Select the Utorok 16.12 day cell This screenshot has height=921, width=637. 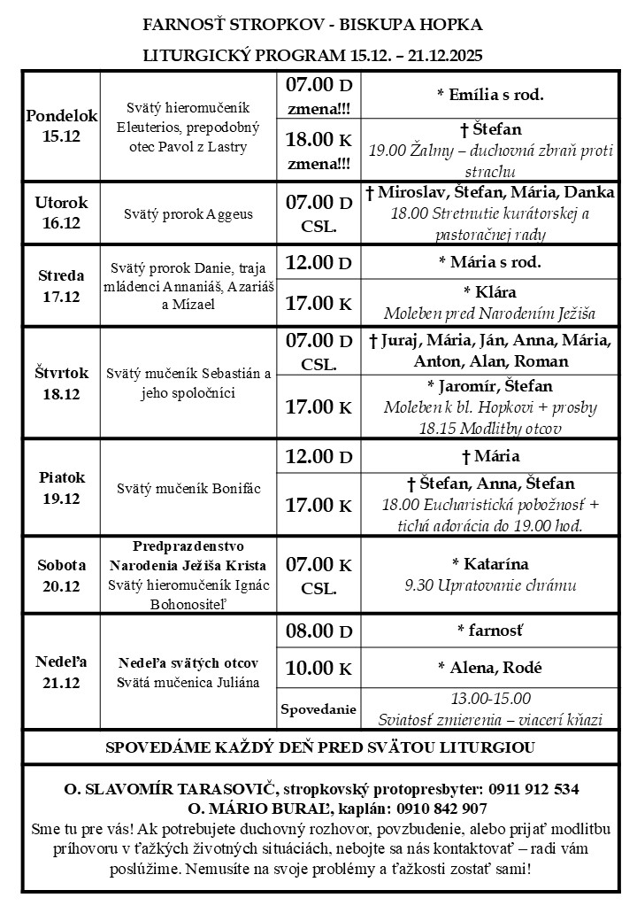tap(62, 213)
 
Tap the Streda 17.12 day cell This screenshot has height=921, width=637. tap(62, 285)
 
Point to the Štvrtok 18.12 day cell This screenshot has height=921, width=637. tap(62, 382)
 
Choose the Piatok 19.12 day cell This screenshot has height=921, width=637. tap(62, 487)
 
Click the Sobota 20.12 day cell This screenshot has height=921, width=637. tap(62, 575)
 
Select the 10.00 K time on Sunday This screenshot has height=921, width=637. tap(318, 667)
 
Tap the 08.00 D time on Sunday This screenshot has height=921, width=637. tap(318, 631)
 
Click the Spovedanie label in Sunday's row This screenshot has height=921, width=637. tap(318, 708)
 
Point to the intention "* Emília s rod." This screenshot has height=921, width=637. tap(489, 94)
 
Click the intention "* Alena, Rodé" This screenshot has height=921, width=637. tap(489, 667)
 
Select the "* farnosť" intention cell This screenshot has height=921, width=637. tap(489, 631)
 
